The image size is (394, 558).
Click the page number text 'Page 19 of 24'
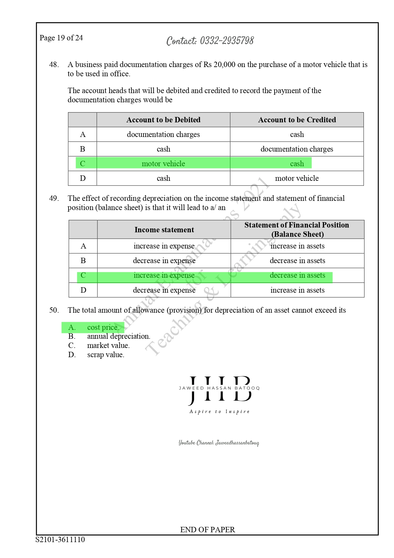point(61,38)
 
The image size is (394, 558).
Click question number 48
point(54,65)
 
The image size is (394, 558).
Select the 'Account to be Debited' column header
point(163,120)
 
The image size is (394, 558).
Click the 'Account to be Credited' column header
point(297,120)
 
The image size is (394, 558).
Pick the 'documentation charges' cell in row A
point(163,134)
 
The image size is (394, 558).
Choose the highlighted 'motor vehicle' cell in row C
point(163,164)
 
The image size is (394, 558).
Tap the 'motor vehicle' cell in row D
point(297,178)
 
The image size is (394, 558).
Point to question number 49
point(54,199)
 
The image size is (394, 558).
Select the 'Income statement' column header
point(164,230)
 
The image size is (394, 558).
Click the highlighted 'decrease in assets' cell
point(297,276)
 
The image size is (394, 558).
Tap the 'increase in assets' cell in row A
point(297,246)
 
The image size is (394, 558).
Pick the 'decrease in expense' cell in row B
point(164,261)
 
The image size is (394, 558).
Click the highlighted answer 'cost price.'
point(103,327)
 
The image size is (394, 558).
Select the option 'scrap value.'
point(106,355)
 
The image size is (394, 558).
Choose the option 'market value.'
point(108,346)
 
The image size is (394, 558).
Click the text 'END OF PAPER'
point(208,530)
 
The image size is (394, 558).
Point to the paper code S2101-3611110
point(60,540)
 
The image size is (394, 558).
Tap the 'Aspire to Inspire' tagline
point(220,412)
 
